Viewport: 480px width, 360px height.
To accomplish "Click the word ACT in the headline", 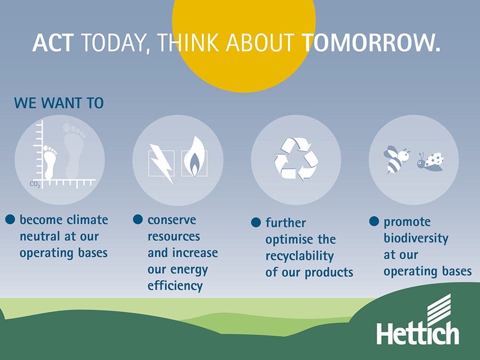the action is click(53, 43).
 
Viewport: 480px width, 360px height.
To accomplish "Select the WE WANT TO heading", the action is click(59, 103).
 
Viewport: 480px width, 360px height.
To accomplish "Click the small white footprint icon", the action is click(50, 162).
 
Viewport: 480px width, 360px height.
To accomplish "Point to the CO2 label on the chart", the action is click(35, 184).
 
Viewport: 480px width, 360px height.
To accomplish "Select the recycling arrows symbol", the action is click(296, 159).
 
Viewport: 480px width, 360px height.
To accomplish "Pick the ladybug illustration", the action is click(431, 161).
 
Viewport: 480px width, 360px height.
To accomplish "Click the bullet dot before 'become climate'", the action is click(10, 219).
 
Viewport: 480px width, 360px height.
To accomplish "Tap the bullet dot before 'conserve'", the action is click(138, 219).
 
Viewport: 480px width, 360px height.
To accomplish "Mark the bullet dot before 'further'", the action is click(256, 222).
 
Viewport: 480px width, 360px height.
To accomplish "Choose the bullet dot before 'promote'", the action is click(374, 221).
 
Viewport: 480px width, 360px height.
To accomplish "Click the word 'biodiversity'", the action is click(416, 238).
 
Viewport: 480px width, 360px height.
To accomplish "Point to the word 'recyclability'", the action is click(300, 256).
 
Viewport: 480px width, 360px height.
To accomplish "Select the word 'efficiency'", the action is click(175, 286).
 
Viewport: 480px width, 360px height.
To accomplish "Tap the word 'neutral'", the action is click(40, 236).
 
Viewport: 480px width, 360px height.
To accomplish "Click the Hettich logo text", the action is click(418, 334).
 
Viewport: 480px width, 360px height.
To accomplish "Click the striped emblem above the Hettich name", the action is click(439, 309).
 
